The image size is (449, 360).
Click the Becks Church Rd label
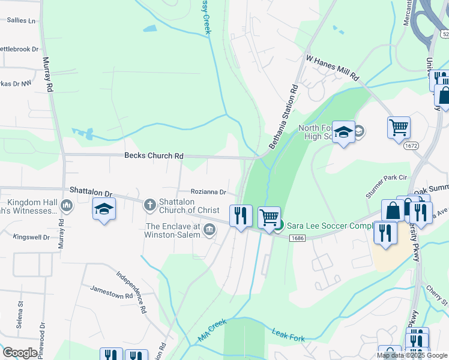pos(153,155)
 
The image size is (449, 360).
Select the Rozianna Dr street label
pos(208,192)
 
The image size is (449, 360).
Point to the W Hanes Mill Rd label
pos(332,68)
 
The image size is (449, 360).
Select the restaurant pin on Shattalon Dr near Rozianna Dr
pos(241,215)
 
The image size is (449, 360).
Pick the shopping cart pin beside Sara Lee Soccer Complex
pos(270,217)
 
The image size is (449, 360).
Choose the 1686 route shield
pos(297,238)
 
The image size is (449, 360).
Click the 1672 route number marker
pos(411,146)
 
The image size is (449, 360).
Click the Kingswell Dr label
pos(35,238)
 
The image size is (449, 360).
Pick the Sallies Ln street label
pos(21,20)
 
